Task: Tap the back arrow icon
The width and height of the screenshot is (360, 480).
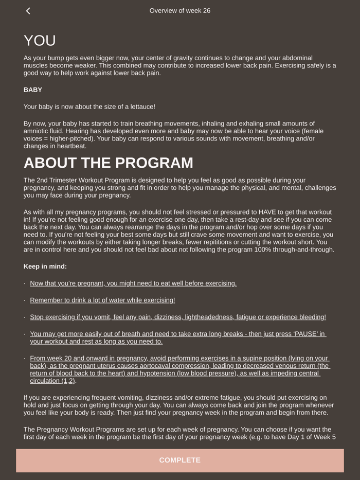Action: pyautogui.click(x=28, y=11)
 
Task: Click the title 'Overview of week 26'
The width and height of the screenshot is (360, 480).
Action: pyautogui.click(x=180, y=11)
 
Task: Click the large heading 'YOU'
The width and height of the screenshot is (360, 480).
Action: pyautogui.click(x=40, y=41)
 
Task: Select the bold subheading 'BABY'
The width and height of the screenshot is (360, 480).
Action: pyautogui.click(x=33, y=90)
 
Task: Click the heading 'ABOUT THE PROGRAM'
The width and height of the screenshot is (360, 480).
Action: pyautogui.click(x=109, y=163)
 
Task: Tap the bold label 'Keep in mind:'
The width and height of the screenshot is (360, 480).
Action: pyautogui.click(x=45, y=266)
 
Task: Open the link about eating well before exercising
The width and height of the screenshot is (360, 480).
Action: pyautogui.click(x=133, y=283)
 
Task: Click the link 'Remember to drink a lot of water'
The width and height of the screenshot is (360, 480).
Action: pyautogui.click(x=102, y=300)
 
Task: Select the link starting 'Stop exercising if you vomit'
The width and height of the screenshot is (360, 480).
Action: pyautogui.click(x=178, y=317)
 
